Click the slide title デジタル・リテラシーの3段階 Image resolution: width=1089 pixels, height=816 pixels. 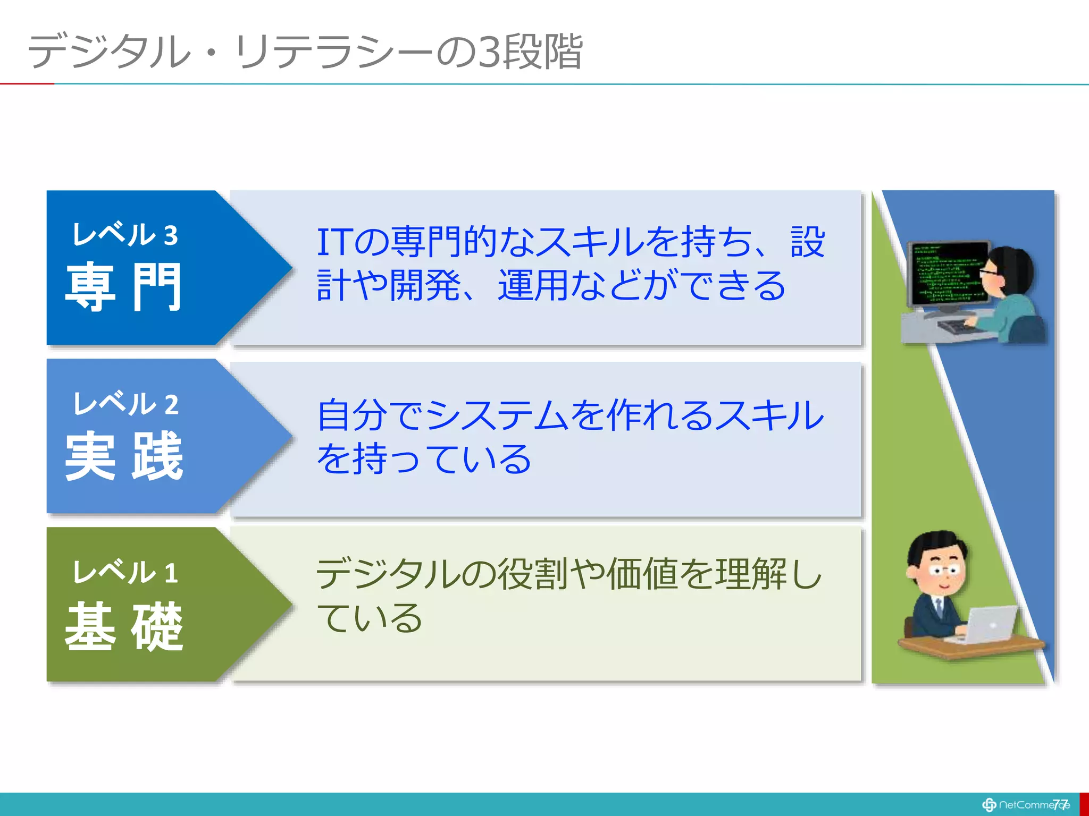coord(305,52)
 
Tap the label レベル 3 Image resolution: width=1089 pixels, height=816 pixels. coord(125,235)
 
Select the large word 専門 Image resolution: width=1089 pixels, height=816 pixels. coord(123,287)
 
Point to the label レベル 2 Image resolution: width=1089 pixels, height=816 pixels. coord(125,404)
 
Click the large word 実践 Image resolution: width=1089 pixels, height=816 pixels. coord(123,456)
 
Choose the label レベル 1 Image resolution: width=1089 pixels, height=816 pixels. coord(125,573)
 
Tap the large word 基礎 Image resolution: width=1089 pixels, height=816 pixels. coord(123,627)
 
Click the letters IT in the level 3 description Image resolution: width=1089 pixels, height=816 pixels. coord(334,242)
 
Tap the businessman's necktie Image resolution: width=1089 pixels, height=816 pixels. coord(940,606)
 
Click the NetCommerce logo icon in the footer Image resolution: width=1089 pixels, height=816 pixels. coord(989,805)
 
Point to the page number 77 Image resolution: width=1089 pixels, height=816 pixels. coord(1060,804)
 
